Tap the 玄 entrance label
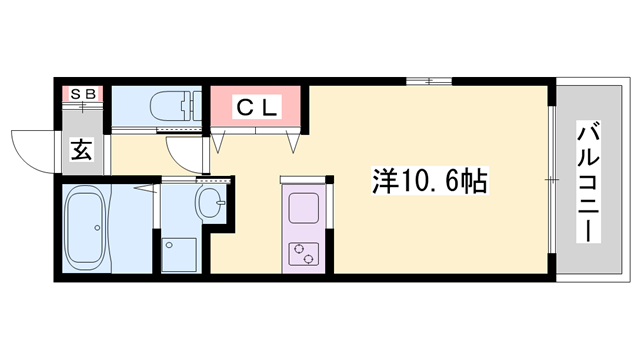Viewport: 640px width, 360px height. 81,152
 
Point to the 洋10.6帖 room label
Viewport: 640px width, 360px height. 430,182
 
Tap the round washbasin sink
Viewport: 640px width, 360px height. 213,204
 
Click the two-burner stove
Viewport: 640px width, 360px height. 302,254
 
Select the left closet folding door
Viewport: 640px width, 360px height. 219,141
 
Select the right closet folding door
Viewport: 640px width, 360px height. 294,141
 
